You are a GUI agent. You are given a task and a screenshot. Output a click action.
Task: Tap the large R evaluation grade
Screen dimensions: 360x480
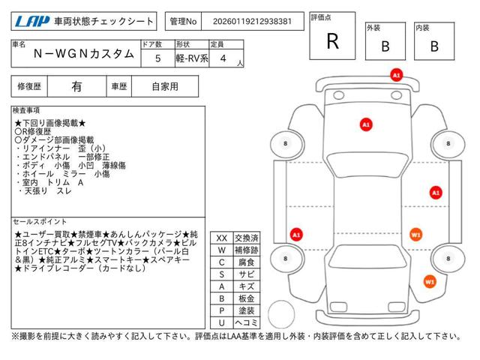(332, 41)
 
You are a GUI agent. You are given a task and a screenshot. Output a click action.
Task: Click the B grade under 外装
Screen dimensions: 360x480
(385, 46)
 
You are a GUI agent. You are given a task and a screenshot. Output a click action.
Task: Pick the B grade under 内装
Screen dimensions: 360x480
(433, 46)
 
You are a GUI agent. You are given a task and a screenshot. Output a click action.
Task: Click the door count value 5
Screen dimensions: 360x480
(157, 57)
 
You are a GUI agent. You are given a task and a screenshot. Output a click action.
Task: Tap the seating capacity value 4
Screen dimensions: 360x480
(223, 57)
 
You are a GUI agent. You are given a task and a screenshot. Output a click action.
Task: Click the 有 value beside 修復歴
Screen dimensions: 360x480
(76, 86)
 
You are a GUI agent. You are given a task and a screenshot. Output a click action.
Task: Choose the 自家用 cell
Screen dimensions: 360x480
(165, 86)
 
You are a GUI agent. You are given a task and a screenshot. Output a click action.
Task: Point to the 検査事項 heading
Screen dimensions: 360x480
(28, 110)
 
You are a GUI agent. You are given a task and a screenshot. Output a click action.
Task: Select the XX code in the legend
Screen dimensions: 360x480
(222, 237)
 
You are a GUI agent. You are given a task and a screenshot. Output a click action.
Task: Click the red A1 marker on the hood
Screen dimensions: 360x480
(366, 124)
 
